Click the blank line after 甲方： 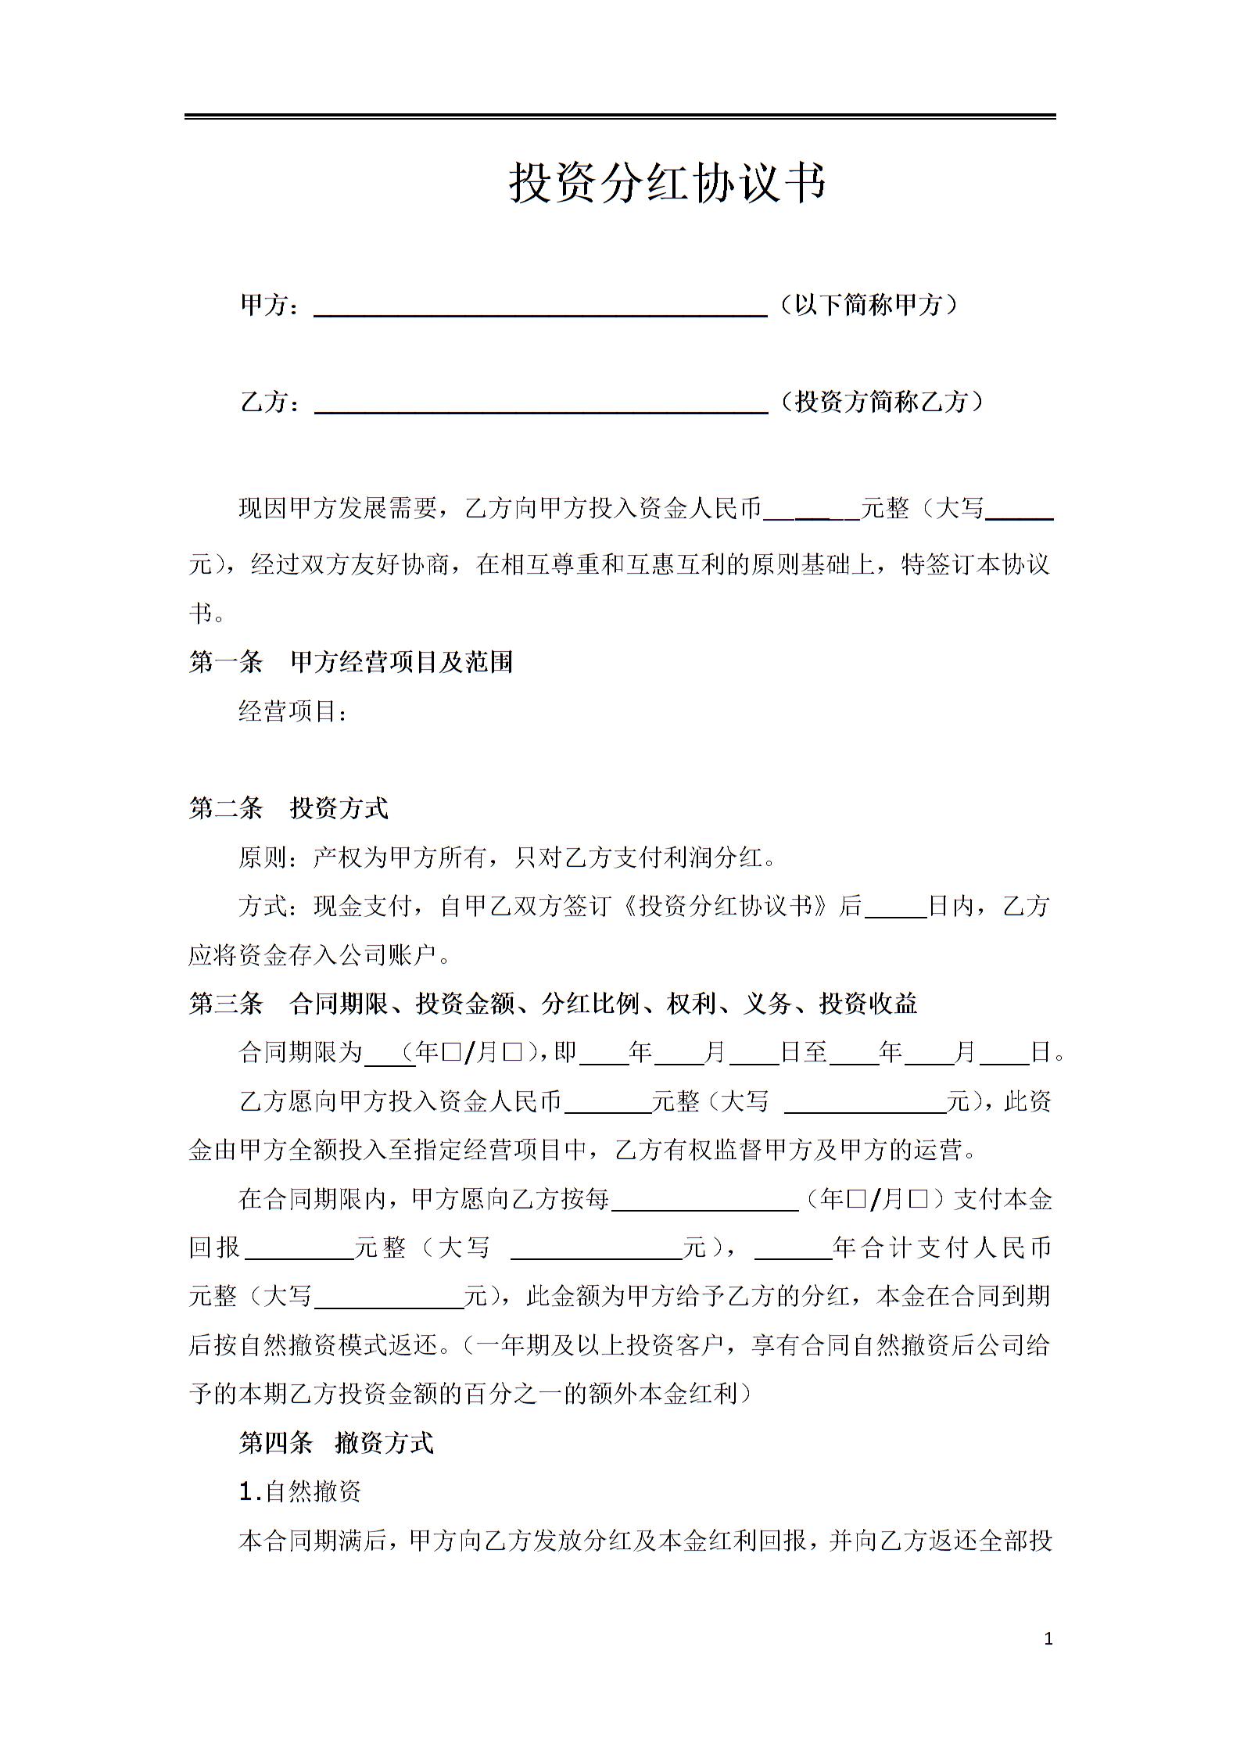(x=540, y=307)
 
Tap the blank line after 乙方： (x=540, y=403)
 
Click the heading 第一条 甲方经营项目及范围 (x=351, y=663)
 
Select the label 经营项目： (x=293, y=711)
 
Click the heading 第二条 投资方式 (x=288, y=808)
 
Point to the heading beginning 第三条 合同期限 (x=553, y=1004)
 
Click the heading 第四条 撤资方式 (x=336, y=1443)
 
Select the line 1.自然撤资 (x=300, y=1492)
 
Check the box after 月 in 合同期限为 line (x=513, y=1053)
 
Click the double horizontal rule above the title (x=620, y=116)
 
